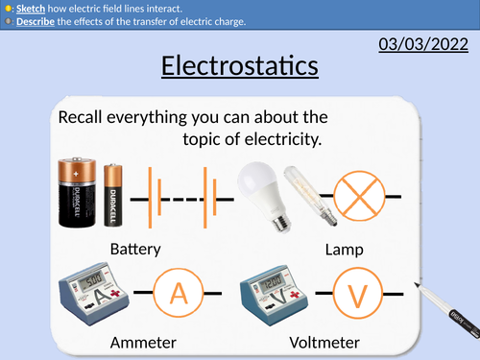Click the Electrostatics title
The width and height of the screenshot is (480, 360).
tap(239, 66)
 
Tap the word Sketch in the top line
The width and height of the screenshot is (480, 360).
tap(32, 8)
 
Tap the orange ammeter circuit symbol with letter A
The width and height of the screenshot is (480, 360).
tap(179, 292)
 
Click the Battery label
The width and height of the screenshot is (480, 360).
tap(135, 249)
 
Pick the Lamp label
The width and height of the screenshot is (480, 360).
tap(345, 249)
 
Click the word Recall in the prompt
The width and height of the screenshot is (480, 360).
tap(82, 117)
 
